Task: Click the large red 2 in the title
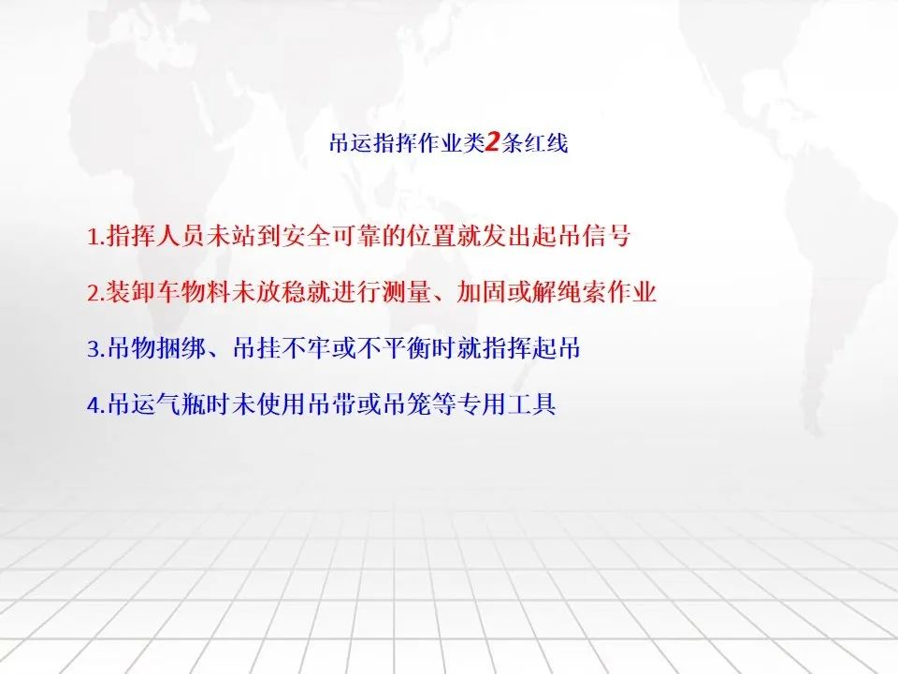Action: (493, 142)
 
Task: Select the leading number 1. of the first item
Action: (96, 236)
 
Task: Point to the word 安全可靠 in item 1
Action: (332, 236)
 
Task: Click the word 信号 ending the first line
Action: (606, 236)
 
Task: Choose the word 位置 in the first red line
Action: (432, 236)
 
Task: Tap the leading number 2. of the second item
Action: (96, 292)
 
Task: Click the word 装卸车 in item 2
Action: (144, 292)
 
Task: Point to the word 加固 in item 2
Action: (482, 292)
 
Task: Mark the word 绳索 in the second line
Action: (581, 292)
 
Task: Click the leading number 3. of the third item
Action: (96, 348)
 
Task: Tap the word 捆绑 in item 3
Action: (181, 348)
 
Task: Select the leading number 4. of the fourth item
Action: (96, 404)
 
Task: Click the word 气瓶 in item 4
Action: (181, 404)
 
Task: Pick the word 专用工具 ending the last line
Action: (506, 404)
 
